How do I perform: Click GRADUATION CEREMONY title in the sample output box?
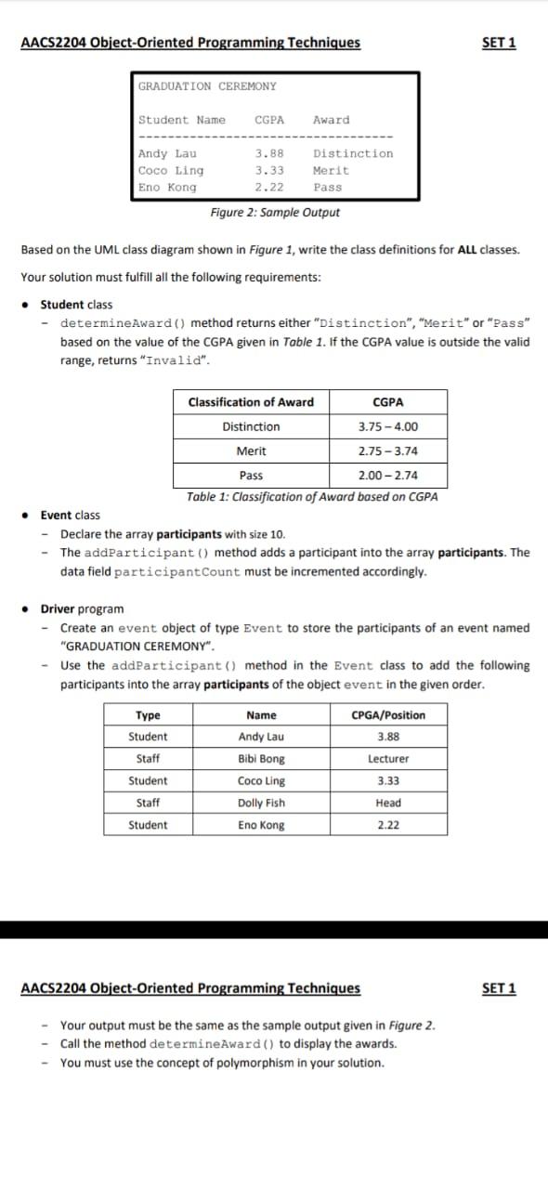pyautogui.click(x=207, y=86)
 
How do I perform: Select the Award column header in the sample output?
pyautogui.click(x=332, y=120)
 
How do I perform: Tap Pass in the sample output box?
pyautogui.click(x=328, y=188)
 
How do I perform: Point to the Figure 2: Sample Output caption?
pyautogui.click(x=275, y=213)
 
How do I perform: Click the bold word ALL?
pyautogui.click(x=472, y=250)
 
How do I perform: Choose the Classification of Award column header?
pyautogui.click(x=251, y=402)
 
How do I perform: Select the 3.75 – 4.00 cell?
pyautogui.click(x=387, y=427)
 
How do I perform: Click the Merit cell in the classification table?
pyautogui.click(x=251, y=451)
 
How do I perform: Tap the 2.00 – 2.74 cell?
pyautogui.click(x=387, y=476)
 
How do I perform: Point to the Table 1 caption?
pyautogui.click(x=312, y=497)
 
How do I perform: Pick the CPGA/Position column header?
pyautogui.click(x=388, y=715)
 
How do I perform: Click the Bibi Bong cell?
pyautogui.click(x=261, y=759)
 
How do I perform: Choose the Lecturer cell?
pyautogui.click(x=388, y=759)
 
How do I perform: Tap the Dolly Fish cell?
pyautogui.click(x=261, y=804)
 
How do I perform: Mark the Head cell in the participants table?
pyautogui.click(x=388, y=804)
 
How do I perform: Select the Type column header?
pyautogui.click(x=148, y=715)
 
